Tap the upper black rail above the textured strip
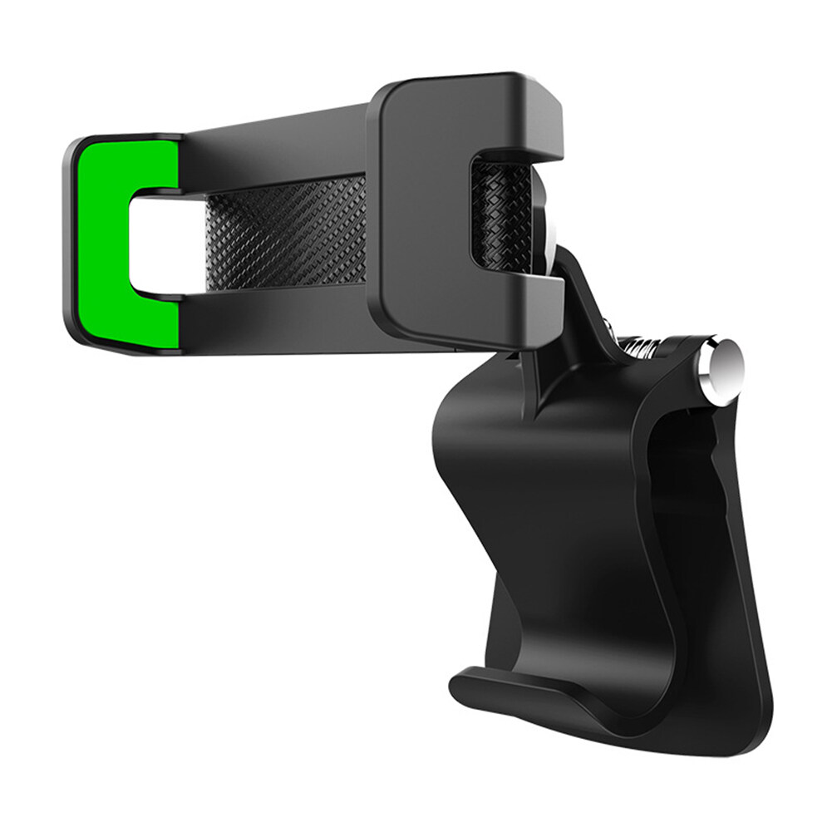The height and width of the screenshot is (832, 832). [x=274, y=145]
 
